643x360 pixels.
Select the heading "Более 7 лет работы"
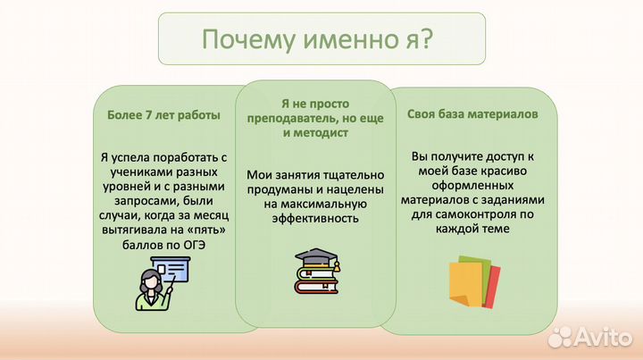click(x=162, y=115)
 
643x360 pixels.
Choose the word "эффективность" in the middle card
click(x=316, y=218)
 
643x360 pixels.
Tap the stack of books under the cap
click(x=316, y=280)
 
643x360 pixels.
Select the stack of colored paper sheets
click(x=474, y=280)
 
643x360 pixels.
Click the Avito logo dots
click(x=560, y=337)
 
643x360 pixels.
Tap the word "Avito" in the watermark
click(x=603, y=337)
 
